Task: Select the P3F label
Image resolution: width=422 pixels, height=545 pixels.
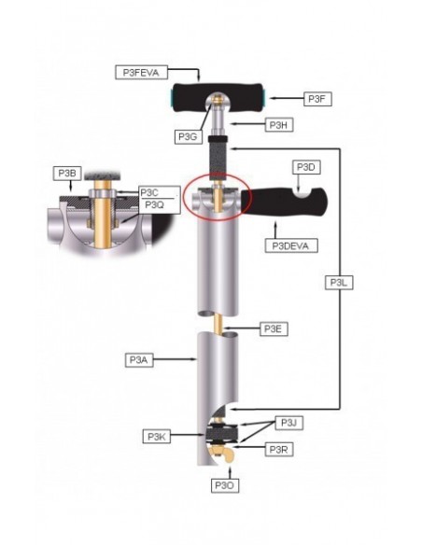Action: (320, 97)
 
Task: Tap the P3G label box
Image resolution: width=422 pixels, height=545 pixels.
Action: (188, 136)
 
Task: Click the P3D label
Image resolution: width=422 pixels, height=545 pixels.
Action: (308, 167)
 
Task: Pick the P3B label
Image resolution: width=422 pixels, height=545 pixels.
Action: (67, 173)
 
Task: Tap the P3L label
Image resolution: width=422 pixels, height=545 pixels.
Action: (339, 282)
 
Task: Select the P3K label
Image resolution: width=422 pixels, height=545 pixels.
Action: (156, 436)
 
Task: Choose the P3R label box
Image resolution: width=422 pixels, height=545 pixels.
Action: (280, 450)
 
